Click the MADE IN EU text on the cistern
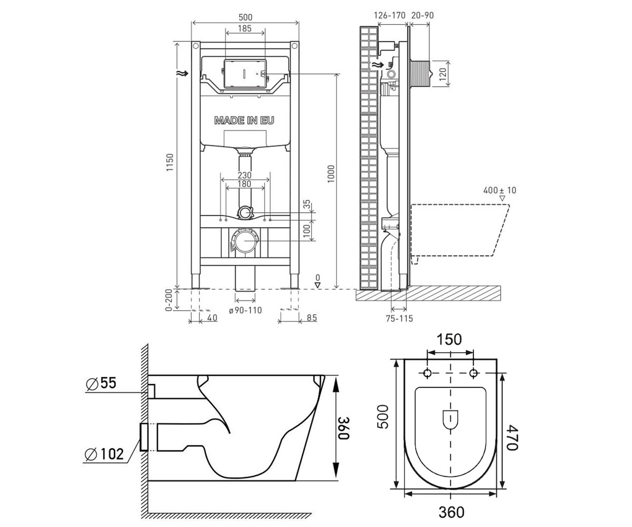(244, 121)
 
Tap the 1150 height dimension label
(170, 163)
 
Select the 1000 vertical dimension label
(331, 173)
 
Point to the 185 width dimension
(244, 28)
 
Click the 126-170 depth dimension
(390, 15)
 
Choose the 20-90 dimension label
(422, 15)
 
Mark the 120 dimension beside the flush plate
(442, 74)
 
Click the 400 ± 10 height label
(500, 190)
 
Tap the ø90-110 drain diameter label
(245, 310)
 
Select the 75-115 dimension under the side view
(399, 318)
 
